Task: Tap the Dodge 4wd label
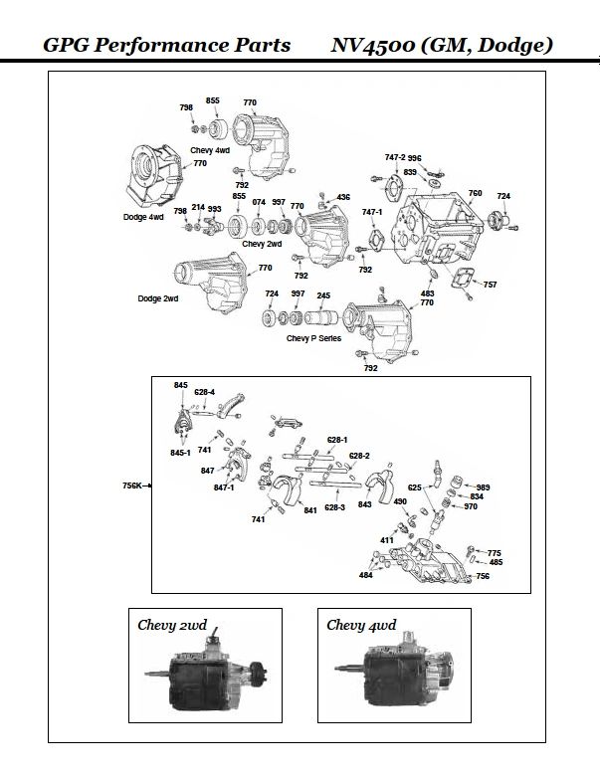(x=143, y=217)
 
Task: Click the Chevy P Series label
(x=313, y=339)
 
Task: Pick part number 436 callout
(x=343, y=197)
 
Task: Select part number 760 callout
(x=475, y=193)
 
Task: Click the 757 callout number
(x=490, y=286)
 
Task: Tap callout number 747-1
(x=372, y=212)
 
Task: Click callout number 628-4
(x=205, y=392)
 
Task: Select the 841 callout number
(x=310, y=510)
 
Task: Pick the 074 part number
(x=259, y=201)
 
